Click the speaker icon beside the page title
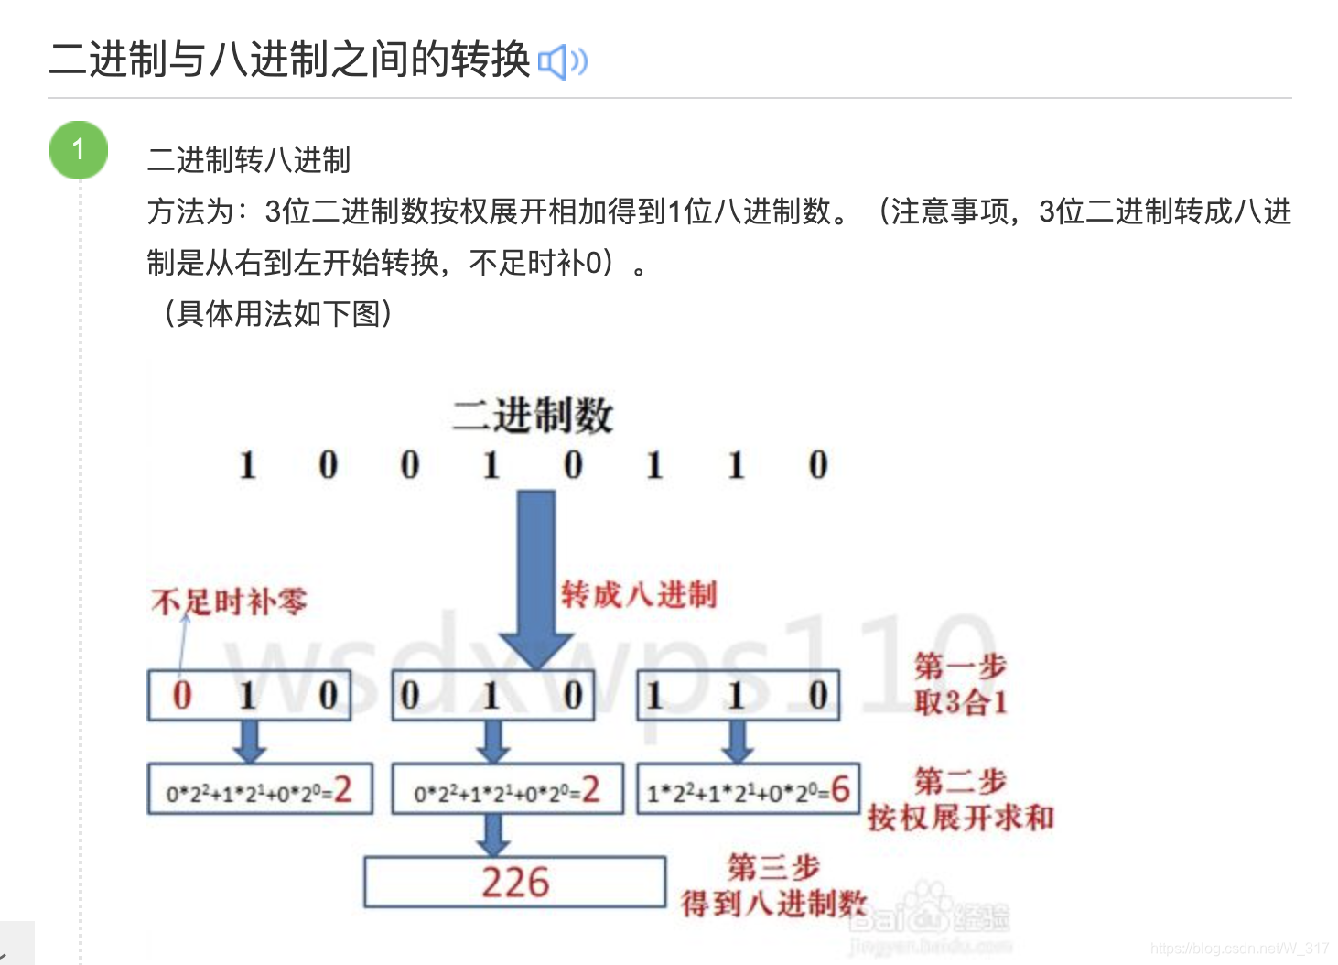coord(562,62)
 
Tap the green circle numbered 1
coord(79,149)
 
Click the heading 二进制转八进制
coord(248,160)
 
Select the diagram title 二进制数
coord(532,415)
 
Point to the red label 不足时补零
coord(229,602)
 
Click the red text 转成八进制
coord(638,594)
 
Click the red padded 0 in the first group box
coord(182,695)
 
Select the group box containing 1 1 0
coord(738,696)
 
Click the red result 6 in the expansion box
coord(840,788)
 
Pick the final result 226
coord(515,882)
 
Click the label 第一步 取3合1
coord(960,684)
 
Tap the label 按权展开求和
coord(960,817)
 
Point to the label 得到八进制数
coord(773,903)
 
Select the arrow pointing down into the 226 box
coord(493,834)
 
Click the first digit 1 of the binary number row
coord(247,465)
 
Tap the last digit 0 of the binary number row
coord(817,465)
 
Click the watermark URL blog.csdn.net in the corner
coord(1239,949)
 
